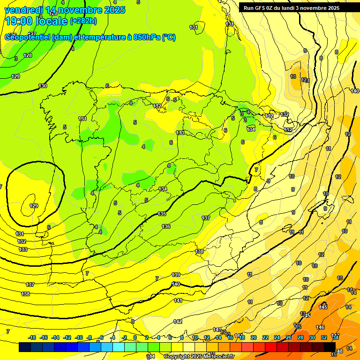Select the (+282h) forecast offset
[83, 21]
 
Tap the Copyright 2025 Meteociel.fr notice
[198, 357]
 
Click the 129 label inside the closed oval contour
[34, 206]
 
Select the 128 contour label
[28, 55]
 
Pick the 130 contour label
[43, 86]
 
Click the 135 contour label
[162, 214]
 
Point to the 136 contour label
[166, 226]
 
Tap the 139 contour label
[176, 275]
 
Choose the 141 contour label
[178, 300]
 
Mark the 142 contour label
[178, 322]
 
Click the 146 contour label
[320, 327]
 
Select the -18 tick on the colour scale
[32, 337]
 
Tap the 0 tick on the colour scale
[135, 337]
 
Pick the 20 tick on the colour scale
[254, 337]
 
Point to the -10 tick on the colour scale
[79, 337]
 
